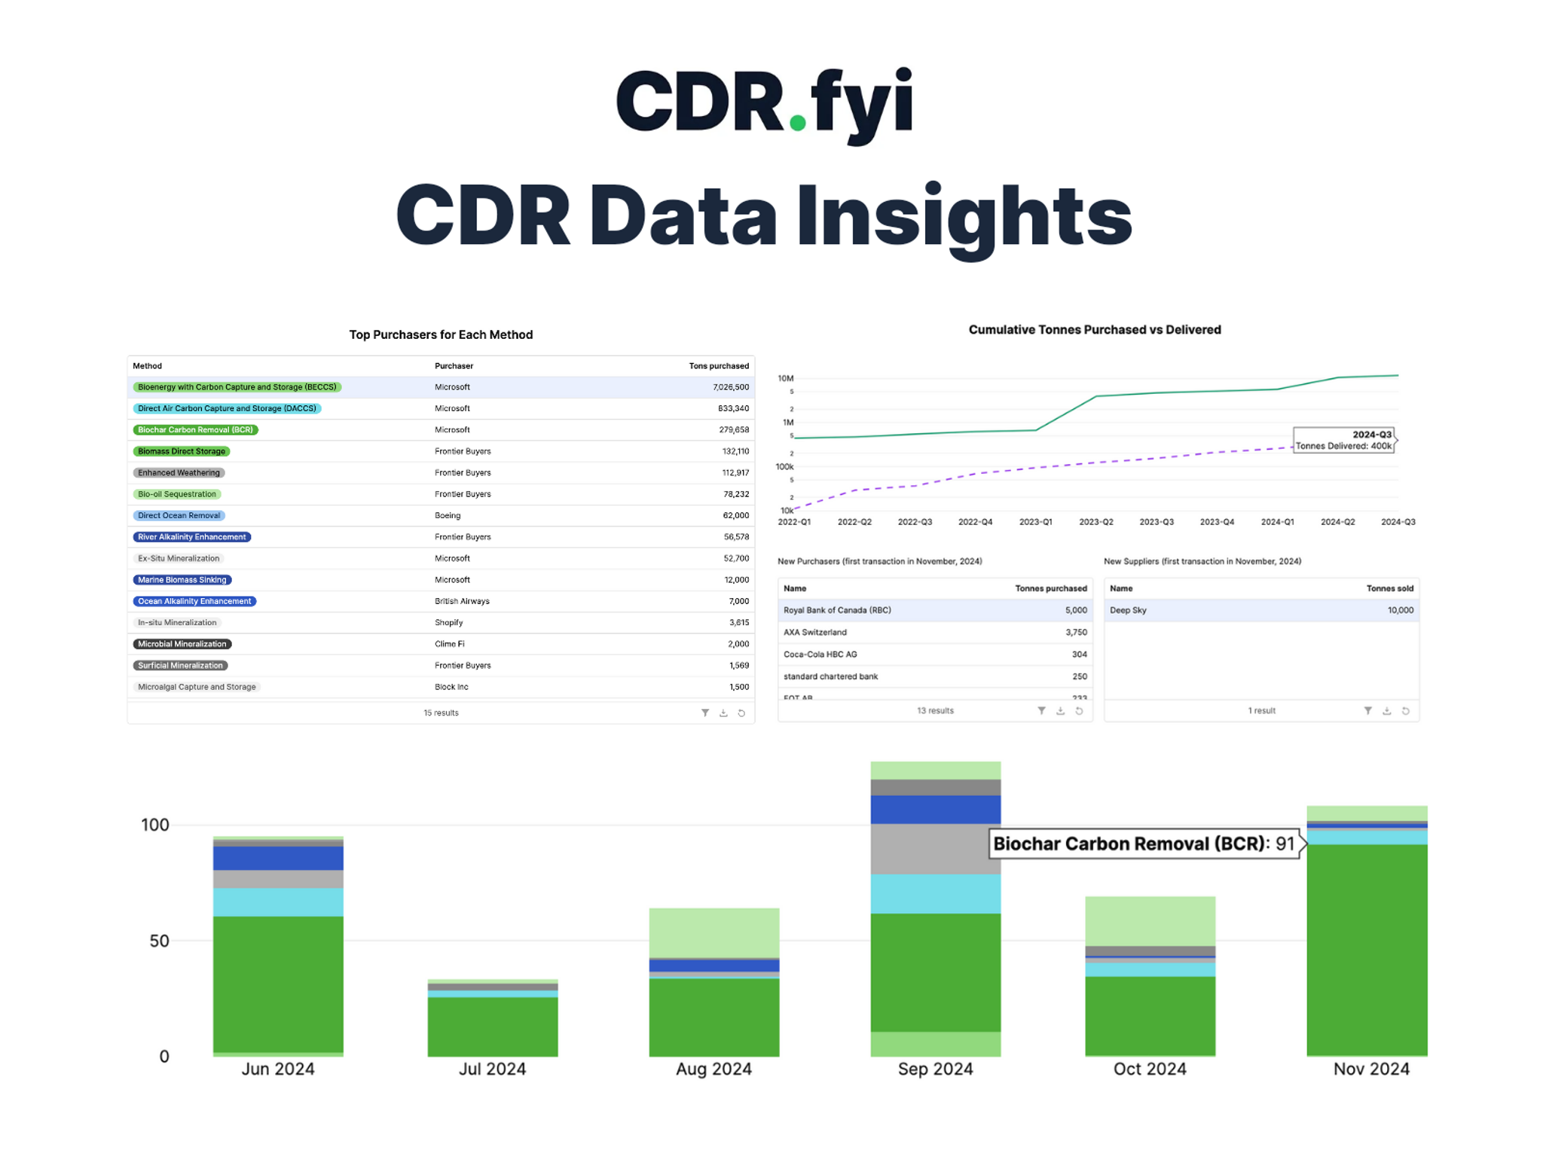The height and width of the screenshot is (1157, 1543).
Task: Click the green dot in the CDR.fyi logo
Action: tap(797, 123)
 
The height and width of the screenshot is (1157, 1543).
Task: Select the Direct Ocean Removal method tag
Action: tap(179, 516)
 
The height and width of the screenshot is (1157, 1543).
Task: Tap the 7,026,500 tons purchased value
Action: tap(730, 387)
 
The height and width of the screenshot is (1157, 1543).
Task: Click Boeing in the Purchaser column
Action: tap(448, 516)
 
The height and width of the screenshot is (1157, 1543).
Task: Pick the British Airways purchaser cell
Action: tap(462, 601)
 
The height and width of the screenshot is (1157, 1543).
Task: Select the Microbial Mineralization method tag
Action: tap(182, 644)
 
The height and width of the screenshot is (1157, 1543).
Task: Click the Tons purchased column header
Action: tap(718, 366)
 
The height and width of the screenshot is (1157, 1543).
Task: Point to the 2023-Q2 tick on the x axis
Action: tap(1095, 522)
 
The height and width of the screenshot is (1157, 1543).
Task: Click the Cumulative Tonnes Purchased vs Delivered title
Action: tap(1094, 330)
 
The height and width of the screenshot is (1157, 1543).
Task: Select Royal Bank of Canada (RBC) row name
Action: tap(837, 611)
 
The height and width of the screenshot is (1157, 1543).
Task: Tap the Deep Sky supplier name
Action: tap(1128, 611)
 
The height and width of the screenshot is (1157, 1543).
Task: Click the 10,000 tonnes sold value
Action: tap(1400, 611)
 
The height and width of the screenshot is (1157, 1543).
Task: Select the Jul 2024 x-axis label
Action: tap(492, 1069)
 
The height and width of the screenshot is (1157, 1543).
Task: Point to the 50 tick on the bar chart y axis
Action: tap(159, 941)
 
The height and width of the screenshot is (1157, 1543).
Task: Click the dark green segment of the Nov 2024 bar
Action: tap(1367, 949)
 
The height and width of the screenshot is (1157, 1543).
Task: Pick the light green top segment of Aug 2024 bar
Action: tap(713, 933)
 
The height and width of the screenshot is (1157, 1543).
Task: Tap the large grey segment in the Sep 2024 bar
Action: tap(935, 849)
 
